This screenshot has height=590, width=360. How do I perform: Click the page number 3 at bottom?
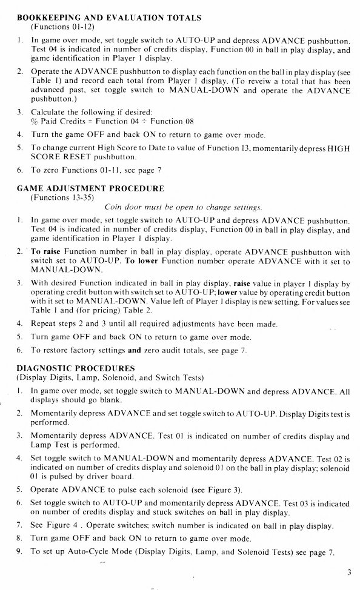pos(350,571)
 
